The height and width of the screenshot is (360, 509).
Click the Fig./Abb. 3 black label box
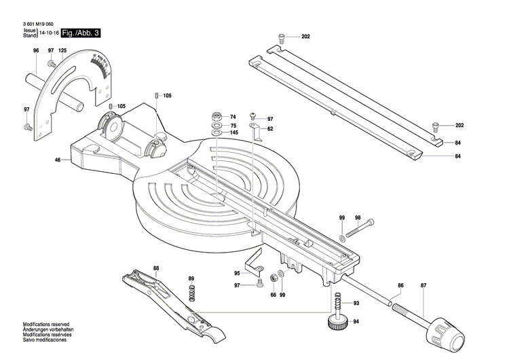[80, 33]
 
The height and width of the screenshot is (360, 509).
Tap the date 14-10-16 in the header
[48, 33]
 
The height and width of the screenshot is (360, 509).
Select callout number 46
[58, 160]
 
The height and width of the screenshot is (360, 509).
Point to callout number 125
[62, 51]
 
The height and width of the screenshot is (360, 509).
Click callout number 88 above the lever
[155, 269]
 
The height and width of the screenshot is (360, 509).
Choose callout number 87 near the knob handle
[423, 285]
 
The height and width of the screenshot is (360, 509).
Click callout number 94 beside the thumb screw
[356, 321]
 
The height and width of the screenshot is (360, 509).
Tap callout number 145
[233, 133]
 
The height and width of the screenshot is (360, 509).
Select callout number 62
[270, 129]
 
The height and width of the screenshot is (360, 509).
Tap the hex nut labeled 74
[214, 116]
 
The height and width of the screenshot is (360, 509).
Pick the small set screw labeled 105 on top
[156, 95]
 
